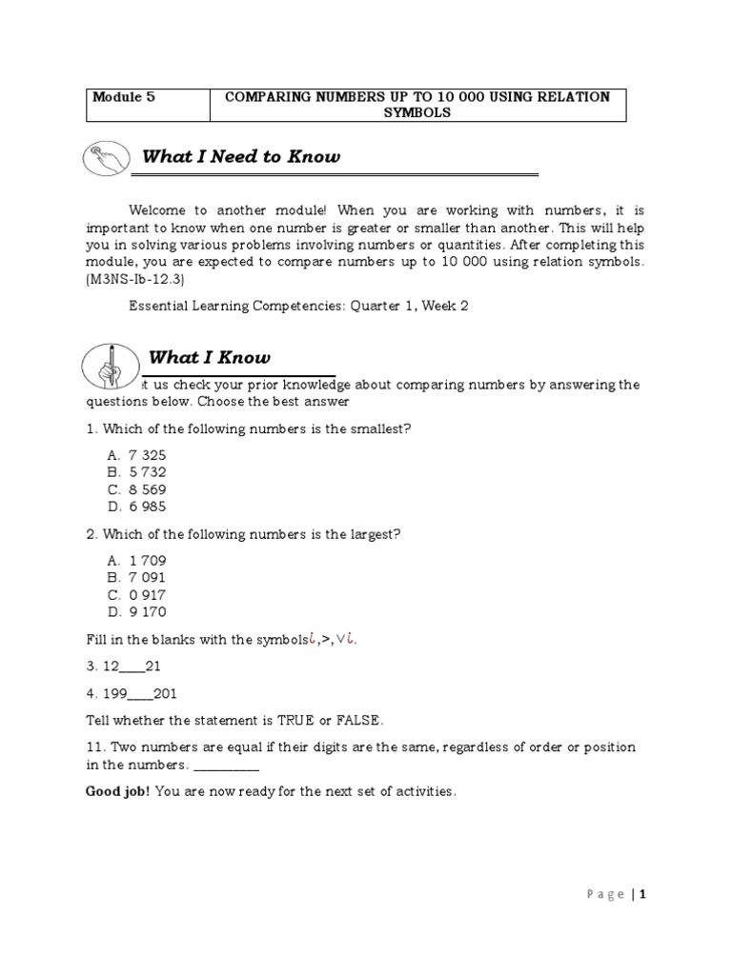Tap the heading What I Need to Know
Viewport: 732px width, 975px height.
coord(240,156)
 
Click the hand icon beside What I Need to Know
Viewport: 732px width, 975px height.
coord(108,159)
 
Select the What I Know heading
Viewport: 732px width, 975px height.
coord(210,357)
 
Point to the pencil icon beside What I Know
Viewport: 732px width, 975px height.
coord(111,364)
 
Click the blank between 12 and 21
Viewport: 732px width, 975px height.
coord(132,667)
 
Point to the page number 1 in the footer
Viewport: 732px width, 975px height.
coord(643,894)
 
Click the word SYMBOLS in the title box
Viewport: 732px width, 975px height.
coord(417,112)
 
